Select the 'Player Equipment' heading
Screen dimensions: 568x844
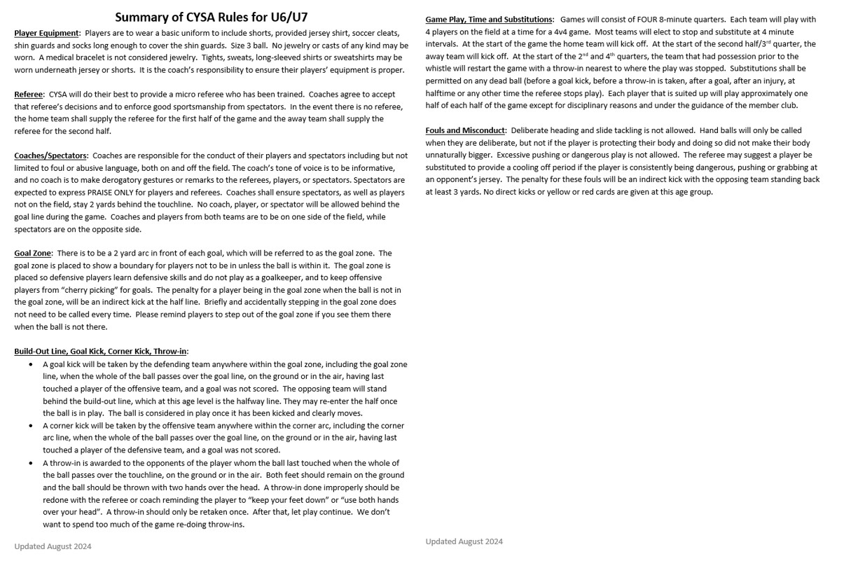tap(46, 33)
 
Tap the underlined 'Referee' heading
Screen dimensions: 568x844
tap(28, 94)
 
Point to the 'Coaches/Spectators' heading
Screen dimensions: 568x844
tap(50, 155)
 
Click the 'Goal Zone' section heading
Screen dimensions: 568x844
tap(32, 253)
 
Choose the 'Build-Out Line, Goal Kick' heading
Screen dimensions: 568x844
tap(100, 351)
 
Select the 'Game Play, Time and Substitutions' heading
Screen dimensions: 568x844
tap(489, 20)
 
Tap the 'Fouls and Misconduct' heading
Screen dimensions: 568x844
tap(465, 130)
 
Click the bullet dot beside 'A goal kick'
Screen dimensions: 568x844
tap(31, 364)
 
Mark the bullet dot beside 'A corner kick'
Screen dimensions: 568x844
tap(31, 425)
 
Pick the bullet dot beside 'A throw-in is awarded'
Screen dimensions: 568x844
tap(31, 463)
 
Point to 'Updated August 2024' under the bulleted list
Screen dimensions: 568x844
tap(53, 546)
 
